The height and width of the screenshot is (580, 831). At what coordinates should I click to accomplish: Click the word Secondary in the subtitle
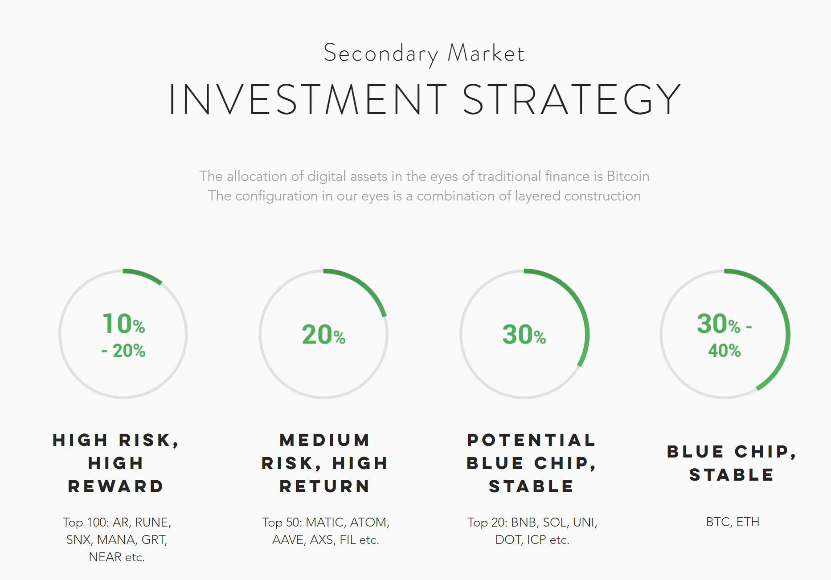pyautogui.click(x=381, y=54)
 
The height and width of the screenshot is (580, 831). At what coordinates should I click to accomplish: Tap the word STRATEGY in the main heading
pyautogui.click(x=572, y=100)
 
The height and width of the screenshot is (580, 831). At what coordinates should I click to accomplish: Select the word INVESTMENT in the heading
pyautogui.click(x=308, y=100)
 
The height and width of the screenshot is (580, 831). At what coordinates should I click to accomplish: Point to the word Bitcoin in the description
pyautogui.click(x=628, y=176)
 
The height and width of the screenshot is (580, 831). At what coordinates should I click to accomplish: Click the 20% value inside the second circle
pyautogui.click(x=324, y=335)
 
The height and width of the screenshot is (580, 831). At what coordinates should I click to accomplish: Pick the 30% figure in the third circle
pyautogui.click(x=524, y=335)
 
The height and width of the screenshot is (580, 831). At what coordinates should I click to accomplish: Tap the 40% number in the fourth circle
pyautogui.click(x=725, y=351)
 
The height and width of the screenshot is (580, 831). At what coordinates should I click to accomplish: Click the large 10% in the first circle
pyautogui.click(x=124, y=323)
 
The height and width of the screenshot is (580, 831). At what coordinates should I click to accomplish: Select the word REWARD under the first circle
pyautogui.click(x=116, y=486)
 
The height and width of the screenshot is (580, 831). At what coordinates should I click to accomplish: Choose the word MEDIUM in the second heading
pyautogui.click(x=325, y=440)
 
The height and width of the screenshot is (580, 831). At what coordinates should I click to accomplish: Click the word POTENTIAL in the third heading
pyautogui.click(x=531, y=440)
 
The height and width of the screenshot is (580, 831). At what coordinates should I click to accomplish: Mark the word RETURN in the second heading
pyautogui.click(x=325, y=486)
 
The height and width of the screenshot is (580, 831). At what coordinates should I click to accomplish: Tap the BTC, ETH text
pyautogui.click(x=733, y=522)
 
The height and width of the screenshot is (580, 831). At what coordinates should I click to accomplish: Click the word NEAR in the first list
pyautogui.click(x=105, y=557)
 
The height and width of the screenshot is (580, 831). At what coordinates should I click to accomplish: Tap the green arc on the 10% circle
pyautogui.click(x=144, y=275)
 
